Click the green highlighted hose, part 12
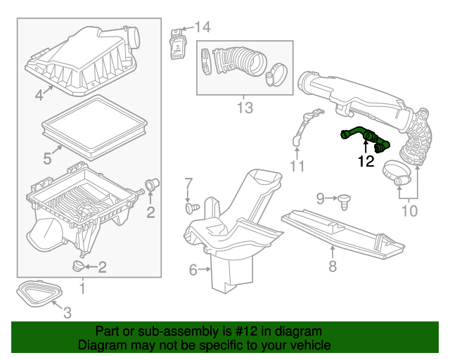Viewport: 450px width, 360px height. [x=365, y=135]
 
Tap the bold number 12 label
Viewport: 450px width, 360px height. [x=365, y=161]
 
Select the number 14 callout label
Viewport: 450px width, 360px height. [x=202, y=27]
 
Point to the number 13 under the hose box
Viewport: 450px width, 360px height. [x=244, y=108]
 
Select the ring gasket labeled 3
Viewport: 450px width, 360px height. [x=41, y=294]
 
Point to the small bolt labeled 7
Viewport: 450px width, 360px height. [x=191, y=208]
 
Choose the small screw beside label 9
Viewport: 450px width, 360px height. [x=345, y=201]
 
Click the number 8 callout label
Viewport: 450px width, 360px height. [x=333, y=266]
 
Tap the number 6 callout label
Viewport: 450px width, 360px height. [x=193, y=269]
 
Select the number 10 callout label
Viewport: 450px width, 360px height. [x=409, y=210]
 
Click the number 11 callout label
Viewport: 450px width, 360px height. [x=297, y=167]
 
